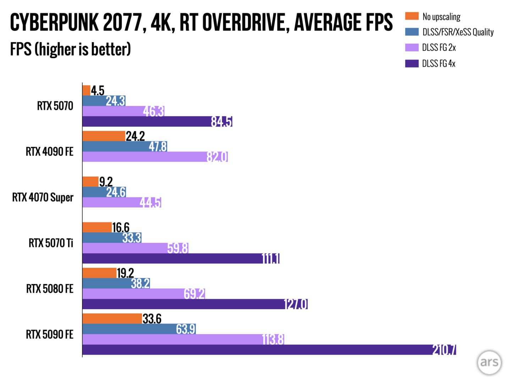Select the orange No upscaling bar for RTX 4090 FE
point(104,136)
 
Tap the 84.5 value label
point(221,122)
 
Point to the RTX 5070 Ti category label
point(51,243)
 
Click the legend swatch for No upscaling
point(412,16)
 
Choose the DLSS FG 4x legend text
point(439,63)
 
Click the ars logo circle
point(489,362)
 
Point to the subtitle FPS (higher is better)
point(70,49)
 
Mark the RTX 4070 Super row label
point(43,197)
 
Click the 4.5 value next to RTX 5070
point(98,91)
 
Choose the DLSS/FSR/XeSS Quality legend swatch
point(412,32)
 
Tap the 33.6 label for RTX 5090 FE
point(152,319)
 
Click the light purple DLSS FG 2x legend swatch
point(412,48)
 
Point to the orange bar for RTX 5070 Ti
point(97,227)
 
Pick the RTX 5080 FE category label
point(50,289)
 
